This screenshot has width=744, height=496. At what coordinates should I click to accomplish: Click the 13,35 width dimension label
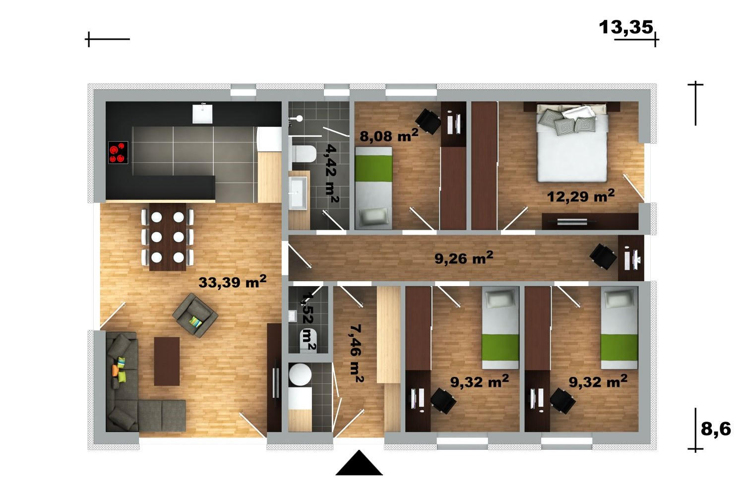click(626, 27)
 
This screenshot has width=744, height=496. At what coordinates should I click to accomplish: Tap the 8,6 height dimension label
click(716, 429)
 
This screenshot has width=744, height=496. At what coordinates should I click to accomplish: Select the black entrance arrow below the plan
click(359, 463)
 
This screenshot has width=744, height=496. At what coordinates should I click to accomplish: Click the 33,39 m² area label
click(232, 282)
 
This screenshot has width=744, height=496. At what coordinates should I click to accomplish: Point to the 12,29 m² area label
click(581, 196)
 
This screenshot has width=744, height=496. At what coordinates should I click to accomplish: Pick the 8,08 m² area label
click(389, 135)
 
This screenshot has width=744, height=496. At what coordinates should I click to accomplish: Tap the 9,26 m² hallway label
click(464, 258)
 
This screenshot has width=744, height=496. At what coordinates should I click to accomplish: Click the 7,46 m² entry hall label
click(357, 353)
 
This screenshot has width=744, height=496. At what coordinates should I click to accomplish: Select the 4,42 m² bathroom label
click(332, 173)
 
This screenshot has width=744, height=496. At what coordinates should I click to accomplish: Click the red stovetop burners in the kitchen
click(118, 152)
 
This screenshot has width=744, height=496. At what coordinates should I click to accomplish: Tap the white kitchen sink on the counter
click(202, 114)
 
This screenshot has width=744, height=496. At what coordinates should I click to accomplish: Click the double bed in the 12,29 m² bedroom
click(572, 143)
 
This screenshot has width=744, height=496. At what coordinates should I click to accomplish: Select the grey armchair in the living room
click(195, 315)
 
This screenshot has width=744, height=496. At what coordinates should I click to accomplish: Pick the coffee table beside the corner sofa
click(167, 362)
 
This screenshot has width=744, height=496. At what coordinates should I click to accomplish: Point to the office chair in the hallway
click(603, 256)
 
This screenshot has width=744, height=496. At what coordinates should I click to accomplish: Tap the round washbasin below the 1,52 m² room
click(300, 375)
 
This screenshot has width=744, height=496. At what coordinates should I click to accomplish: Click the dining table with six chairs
click(168, 237)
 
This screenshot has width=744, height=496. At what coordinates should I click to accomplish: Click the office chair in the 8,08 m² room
click(428, 121)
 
